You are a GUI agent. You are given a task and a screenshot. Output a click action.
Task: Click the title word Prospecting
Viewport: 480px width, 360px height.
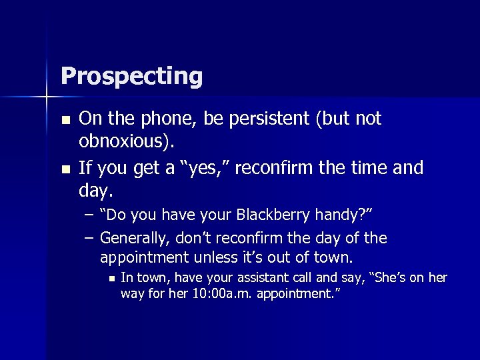pos(131,76)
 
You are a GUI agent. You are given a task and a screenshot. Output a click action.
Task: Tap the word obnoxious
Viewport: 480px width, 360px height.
pos(123,143)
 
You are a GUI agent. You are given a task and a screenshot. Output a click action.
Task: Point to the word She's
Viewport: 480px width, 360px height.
pos(383,278)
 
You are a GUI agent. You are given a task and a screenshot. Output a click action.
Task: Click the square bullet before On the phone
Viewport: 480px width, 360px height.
pos(65,121)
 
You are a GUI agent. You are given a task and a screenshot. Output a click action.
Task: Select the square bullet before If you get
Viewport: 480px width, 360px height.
pos(65,169)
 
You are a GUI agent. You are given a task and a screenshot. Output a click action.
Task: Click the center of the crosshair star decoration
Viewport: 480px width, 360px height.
pos(46,97)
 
